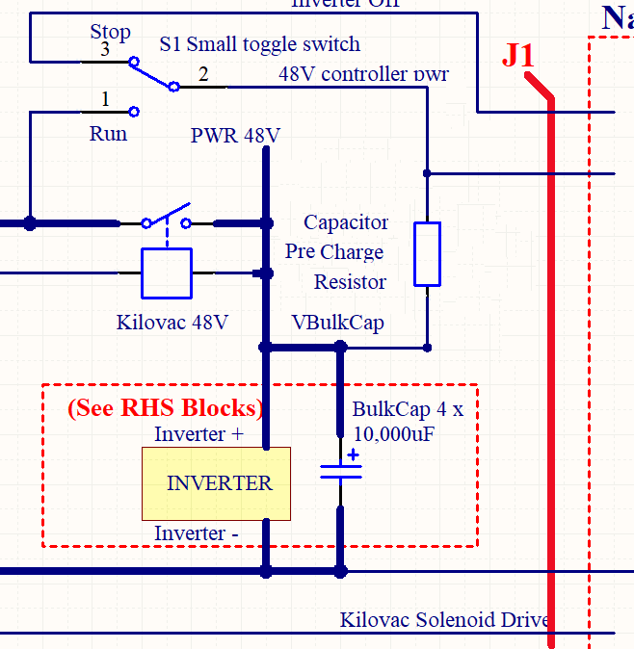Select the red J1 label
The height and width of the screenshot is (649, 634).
click(x=517, y=56)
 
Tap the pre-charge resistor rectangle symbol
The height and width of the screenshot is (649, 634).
click(x=427, y=254)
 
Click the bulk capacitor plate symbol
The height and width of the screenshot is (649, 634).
click(x=340, y=471)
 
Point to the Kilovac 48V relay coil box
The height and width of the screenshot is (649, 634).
click(x=167, y=273)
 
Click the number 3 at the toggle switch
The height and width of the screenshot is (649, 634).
click(x=105, y=49)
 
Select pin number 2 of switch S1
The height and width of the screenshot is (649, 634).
click(x=202, y=74)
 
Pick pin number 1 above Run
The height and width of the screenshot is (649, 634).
click(x=105, y=99)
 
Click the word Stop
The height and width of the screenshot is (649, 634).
click(x=111, y=32)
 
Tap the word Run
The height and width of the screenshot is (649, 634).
click(x=108, y=134)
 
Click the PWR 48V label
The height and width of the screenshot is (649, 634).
click(x=235, y=136)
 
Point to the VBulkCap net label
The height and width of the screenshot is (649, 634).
click(x=337, y=323)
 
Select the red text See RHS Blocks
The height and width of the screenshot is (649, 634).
click(x=165, y=408)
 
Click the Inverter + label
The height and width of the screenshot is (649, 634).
click(x=199, y=434)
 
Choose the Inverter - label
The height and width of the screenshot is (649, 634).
click(x=197, y=533)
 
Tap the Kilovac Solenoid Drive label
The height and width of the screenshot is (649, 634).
click(x=444, y=619)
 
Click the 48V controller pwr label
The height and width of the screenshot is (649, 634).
click(x=363, y=74)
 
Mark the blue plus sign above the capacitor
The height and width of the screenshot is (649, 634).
click(x=354, y=455)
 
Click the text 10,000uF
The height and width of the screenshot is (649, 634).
click(x=394, y=433)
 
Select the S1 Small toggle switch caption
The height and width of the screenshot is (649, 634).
click(x=259, y=44)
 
